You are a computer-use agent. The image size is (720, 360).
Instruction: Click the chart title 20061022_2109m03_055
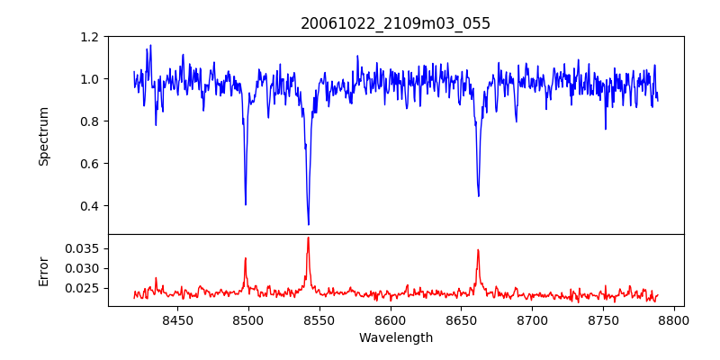(x=396, y=23)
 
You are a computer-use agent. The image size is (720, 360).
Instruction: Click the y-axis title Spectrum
(x=43, y=136)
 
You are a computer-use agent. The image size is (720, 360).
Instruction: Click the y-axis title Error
(x=43, y=270)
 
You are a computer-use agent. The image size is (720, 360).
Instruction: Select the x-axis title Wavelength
(x=396, y=338)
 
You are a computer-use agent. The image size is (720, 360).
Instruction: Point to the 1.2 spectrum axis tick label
(x=89, y=37)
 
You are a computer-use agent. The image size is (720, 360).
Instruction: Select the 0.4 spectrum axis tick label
(x=89, y=206)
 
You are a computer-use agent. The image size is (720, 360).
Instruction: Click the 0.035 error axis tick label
(x=83, y=248)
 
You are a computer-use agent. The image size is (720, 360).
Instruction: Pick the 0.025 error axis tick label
(x=83, y=288)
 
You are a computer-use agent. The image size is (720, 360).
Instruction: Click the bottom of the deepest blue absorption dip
(x=309, y=224)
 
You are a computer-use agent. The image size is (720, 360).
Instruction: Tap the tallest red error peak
(x=308, y=238)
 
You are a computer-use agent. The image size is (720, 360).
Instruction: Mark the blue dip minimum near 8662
(x=479, y=195)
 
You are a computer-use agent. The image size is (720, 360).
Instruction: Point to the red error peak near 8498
(x=246, y=258)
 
